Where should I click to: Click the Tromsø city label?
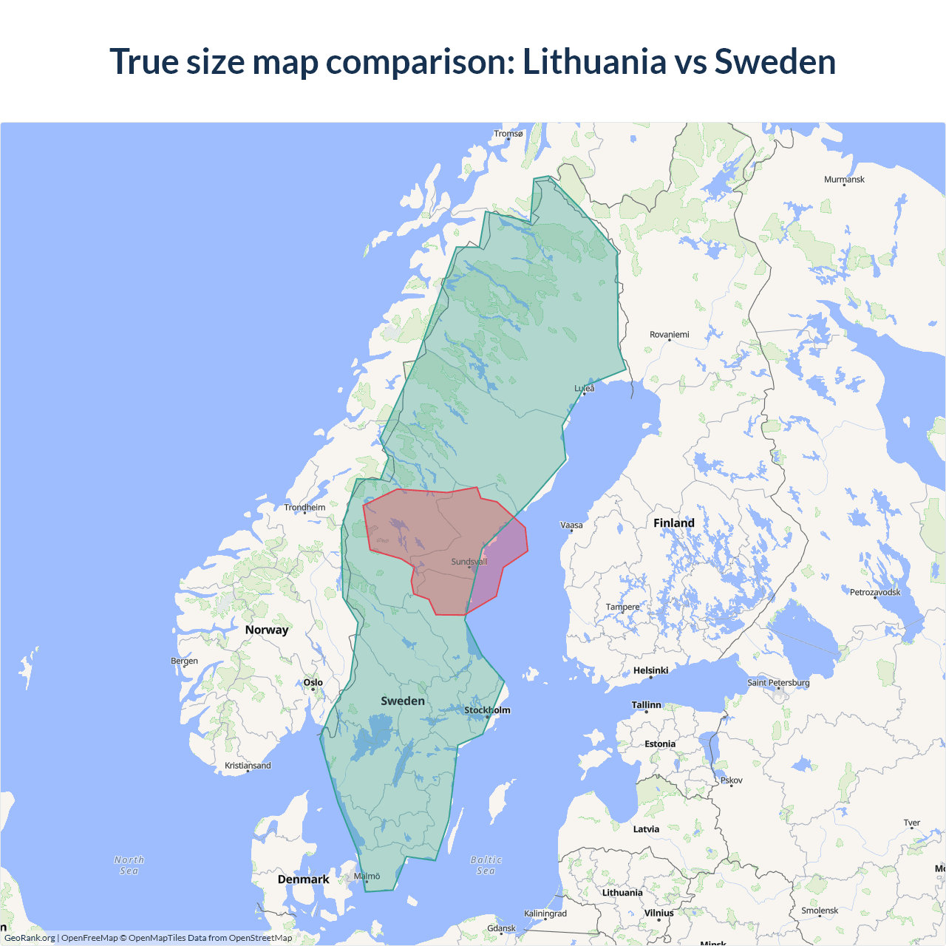508,134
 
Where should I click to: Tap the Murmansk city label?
844,180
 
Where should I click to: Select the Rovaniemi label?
669,335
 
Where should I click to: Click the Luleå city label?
585,388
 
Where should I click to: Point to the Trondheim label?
304,507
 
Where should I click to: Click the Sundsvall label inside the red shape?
469,562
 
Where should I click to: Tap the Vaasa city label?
571,525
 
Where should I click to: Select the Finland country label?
673,523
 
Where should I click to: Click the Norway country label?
267,630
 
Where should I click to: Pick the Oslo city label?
313,682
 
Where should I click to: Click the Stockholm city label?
487,710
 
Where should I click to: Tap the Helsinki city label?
650,670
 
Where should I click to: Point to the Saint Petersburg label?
778,682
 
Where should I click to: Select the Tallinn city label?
646,705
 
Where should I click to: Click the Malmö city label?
367,876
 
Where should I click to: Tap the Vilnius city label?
659,913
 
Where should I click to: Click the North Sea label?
129,865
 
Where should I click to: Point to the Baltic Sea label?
486,865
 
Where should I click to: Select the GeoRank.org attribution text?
30,938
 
